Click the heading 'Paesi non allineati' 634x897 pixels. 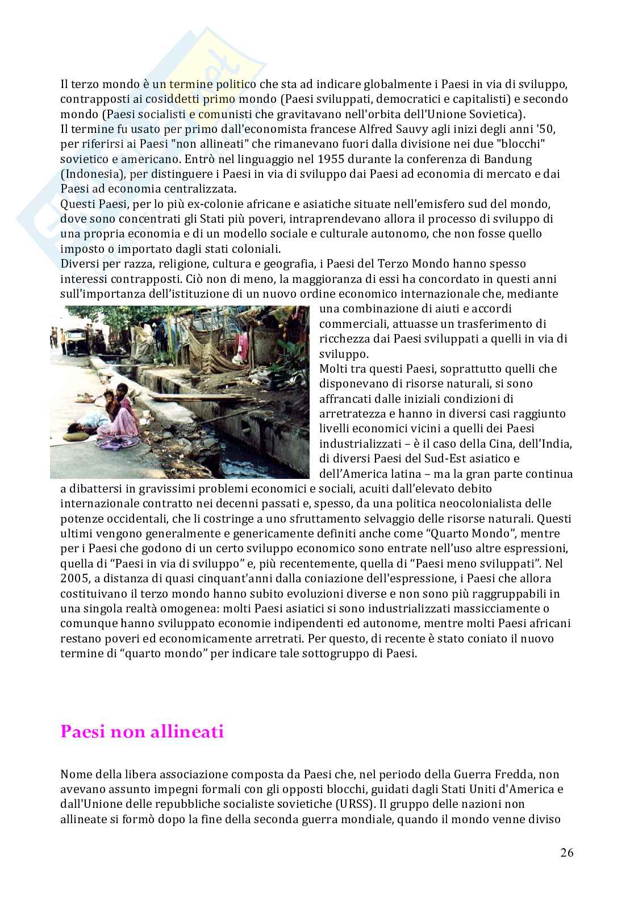coord(142,732)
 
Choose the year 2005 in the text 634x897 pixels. coord(74,578)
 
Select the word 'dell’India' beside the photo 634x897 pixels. coord(547,443)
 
